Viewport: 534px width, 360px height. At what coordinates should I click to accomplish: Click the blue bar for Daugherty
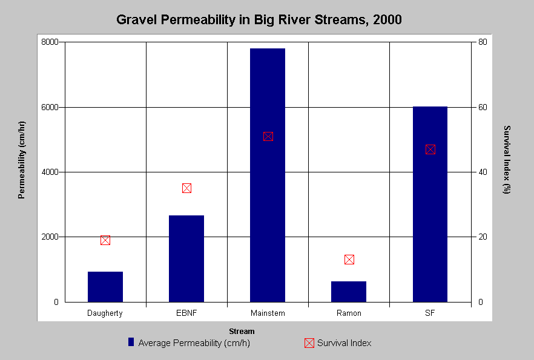point(105,287)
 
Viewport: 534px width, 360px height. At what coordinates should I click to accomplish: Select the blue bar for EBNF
point(186,258)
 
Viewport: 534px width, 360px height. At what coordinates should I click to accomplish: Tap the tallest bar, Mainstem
point(268,175)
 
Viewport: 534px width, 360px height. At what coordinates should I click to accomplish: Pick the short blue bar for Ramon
point(348,292)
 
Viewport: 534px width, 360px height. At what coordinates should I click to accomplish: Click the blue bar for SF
point(430,204)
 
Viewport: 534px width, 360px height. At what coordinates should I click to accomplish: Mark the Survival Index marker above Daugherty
point(105,240)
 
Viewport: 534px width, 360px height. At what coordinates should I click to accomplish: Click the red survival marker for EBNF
point(186,188)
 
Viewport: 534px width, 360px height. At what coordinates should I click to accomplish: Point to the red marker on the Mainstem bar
point(268,137)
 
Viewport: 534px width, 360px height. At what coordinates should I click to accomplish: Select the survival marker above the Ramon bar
point(349,260)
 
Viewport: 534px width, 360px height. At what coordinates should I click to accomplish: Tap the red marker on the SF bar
point(430,149)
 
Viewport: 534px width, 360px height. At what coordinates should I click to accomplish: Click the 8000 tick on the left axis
point(50,42)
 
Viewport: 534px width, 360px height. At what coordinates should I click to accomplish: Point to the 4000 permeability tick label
point(50,172)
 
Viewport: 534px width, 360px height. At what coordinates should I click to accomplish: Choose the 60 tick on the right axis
point(483,107)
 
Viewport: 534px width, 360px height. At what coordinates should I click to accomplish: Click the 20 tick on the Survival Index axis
point(483,237)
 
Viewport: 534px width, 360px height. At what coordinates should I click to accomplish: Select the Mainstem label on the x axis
point(268,313)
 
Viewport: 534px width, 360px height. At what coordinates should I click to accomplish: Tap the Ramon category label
point(349,313)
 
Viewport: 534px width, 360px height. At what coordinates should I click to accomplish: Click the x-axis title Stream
point(242,332)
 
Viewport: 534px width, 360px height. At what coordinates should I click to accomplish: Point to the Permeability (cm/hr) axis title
point(21,160)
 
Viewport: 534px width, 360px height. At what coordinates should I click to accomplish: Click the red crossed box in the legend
point(309,343)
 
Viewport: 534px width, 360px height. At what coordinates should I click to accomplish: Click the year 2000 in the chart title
point(387,20)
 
